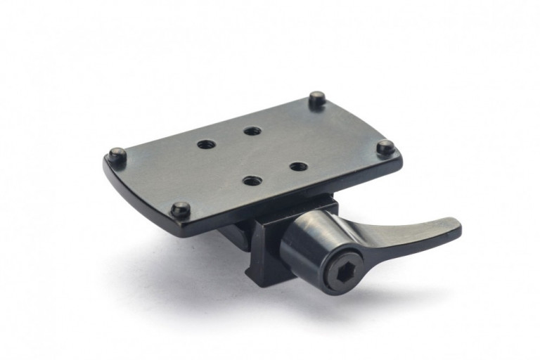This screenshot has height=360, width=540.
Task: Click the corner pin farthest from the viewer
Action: tap(317, 98)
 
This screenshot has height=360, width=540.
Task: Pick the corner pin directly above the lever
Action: tap(385, 147)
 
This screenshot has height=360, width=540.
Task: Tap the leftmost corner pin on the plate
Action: tap(116, 154)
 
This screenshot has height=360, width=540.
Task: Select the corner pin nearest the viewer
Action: tap(181, 209)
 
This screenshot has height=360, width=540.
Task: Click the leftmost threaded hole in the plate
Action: tap(206, 144)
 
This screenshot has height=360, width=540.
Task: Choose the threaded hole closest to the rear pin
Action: tap(252, 131)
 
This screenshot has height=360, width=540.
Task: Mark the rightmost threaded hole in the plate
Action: tap(298, 167)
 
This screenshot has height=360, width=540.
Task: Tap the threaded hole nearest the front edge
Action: tap(252, 181)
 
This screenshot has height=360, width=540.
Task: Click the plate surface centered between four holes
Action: tap(252, 155)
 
